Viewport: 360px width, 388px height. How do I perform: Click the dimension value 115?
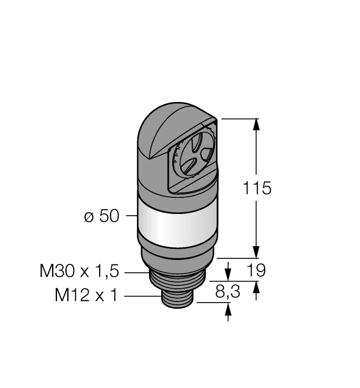point(258,188)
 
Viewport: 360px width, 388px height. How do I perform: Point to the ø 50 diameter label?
point(101,216)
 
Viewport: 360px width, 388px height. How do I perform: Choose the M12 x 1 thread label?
point(86,296)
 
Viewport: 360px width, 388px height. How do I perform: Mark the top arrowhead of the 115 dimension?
point(256,124)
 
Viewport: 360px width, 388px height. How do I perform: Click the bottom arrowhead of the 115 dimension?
point(256,252)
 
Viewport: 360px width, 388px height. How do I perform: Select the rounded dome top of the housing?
point(166,127)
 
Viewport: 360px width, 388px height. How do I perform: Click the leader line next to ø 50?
point(130,216)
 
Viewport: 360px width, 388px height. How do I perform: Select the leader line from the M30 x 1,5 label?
point(136,273)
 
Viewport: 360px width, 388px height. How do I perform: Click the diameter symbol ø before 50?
point(88,217)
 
